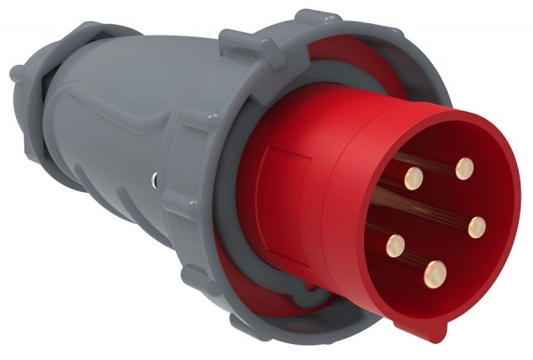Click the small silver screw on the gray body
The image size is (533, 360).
point(156,180)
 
